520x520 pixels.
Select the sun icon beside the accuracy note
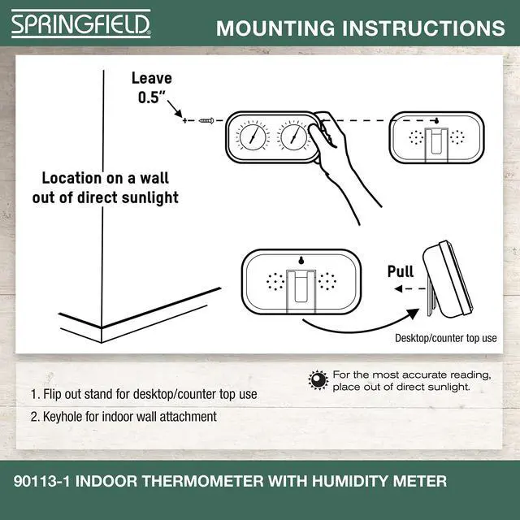click(x=318, y=379)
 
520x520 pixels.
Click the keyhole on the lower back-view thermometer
click(x=301, y=262)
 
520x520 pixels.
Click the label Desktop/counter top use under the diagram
click(x=445, y=337)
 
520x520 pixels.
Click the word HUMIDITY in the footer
click(x=335, y=482)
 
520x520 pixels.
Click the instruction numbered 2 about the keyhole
click(x=123, y=417)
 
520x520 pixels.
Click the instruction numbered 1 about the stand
click(x=144, y=394)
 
